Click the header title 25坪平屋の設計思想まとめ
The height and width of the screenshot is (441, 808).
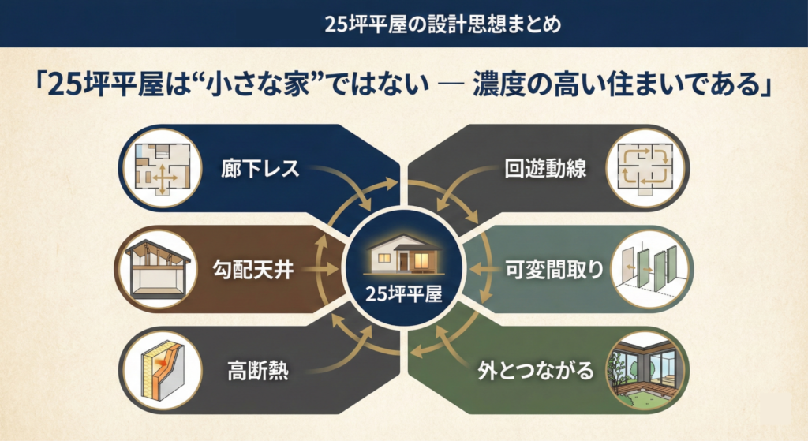click(403, 24)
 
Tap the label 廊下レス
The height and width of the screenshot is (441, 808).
click(249, 169)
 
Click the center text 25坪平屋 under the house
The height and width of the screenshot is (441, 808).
click(403, 294)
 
